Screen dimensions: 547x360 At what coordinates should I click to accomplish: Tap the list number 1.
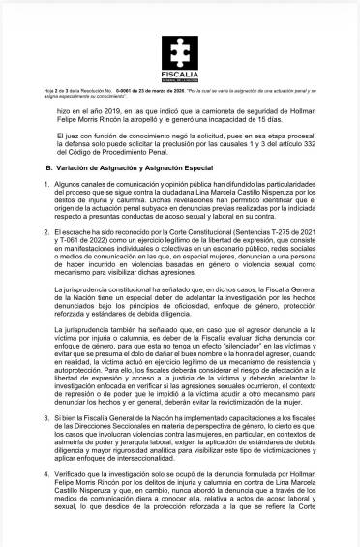(x=48, y=198)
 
